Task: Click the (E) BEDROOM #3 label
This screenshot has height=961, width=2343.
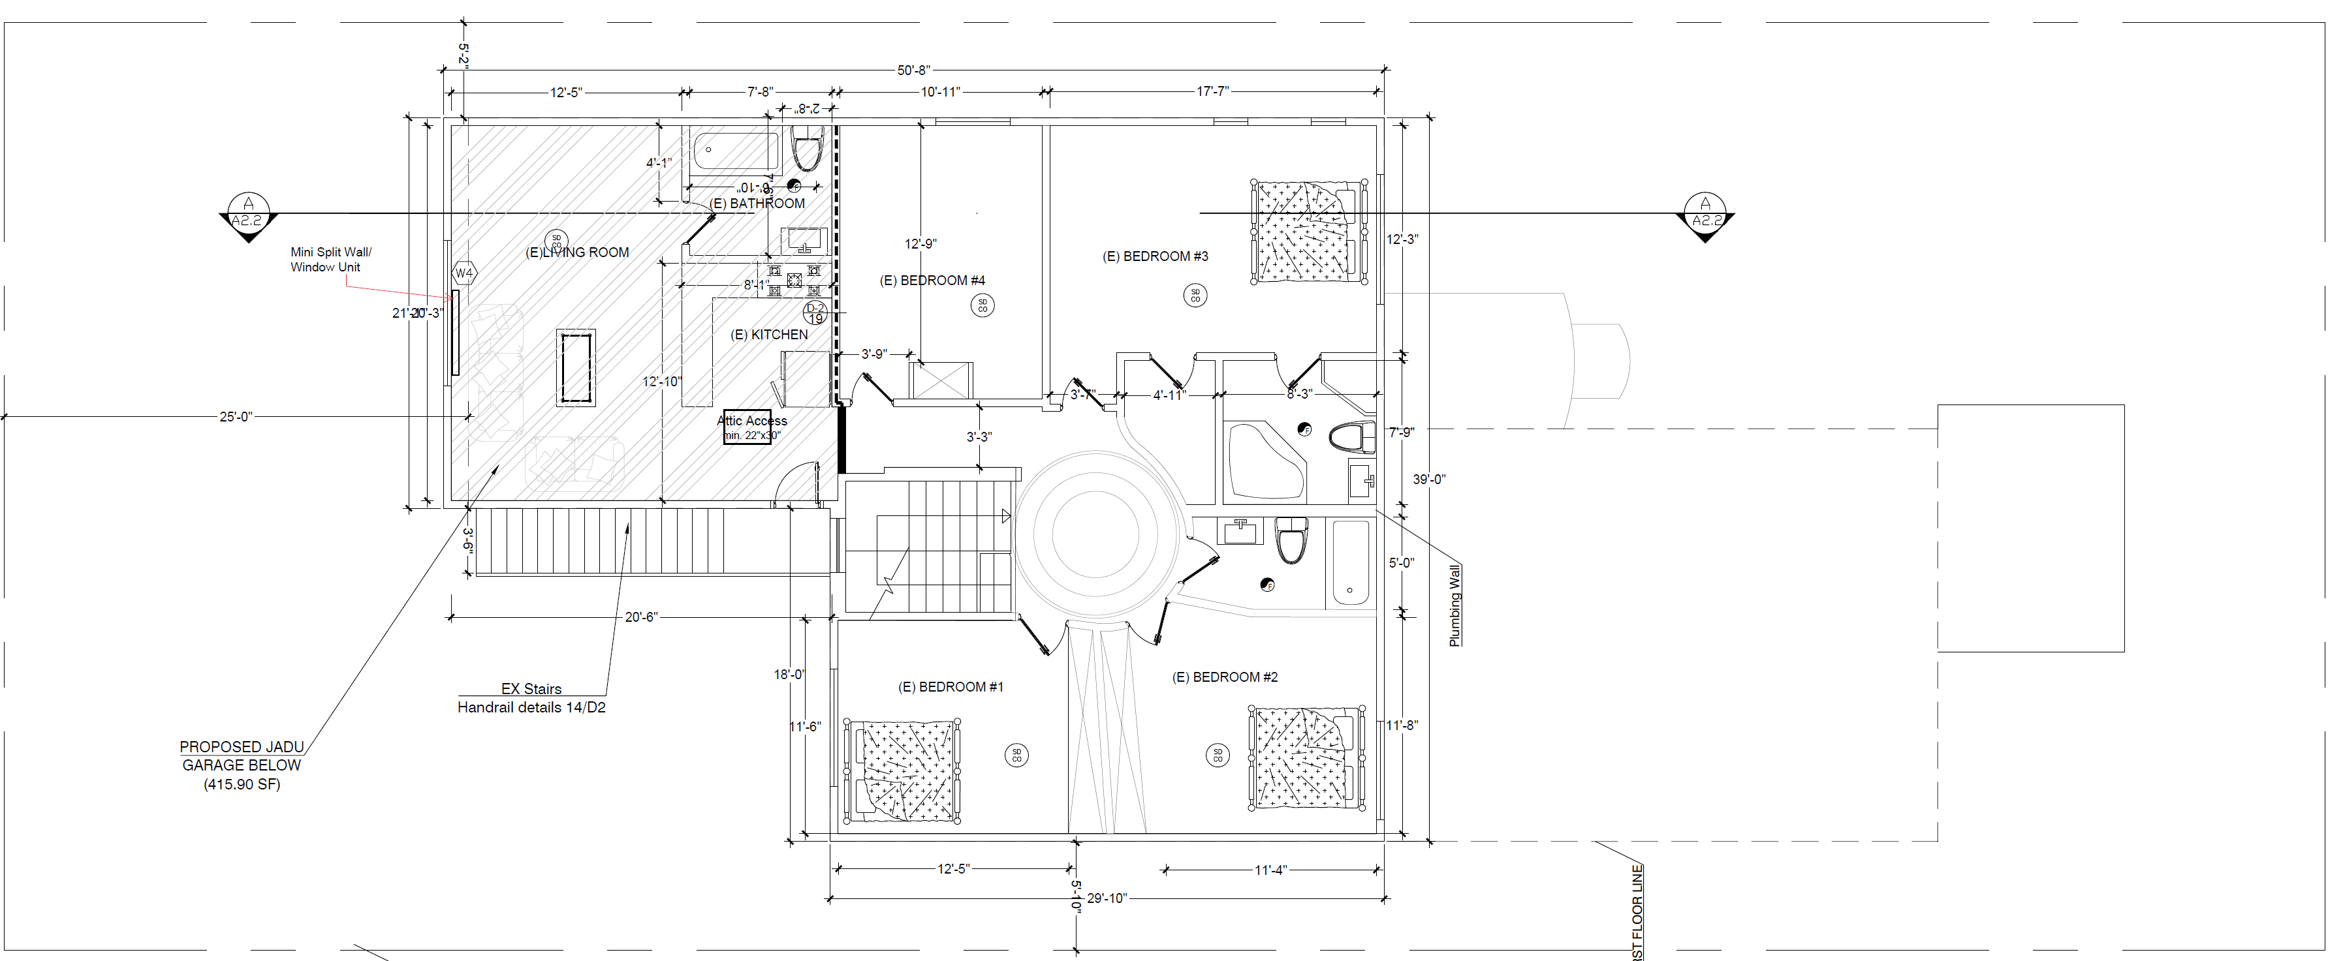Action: click(1155, 256)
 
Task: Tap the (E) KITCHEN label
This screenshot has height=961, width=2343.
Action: click(768, 335)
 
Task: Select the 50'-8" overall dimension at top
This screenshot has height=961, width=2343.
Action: click(913, 70)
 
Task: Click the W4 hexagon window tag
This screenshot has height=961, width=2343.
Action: click(464, 273)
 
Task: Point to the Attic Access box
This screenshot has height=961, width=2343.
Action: click(747, 427)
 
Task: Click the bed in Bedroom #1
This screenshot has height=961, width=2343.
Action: click(902, 771)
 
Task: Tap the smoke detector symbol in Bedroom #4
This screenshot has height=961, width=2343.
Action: click(983, 305)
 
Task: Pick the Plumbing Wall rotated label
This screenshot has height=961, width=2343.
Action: click(1455, 605)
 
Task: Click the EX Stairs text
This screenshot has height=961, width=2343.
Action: click(531, 689)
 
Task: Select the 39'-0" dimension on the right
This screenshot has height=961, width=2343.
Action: click(1428, 479)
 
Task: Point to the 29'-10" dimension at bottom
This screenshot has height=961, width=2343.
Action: click(1106, 898)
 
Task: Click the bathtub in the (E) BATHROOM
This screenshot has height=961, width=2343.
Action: click(736, 151)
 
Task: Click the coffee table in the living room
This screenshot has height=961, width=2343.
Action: click(576, 368)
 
